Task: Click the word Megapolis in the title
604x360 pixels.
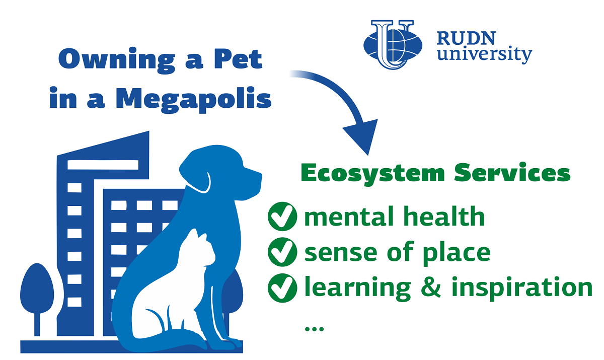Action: [194, 99]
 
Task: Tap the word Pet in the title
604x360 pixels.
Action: [238, 59]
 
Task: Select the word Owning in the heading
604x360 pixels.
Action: [117, 60]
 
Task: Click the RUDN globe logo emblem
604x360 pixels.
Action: [393, 44]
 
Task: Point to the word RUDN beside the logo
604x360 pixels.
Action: [466, 38]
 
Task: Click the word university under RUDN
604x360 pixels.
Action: [485, 55]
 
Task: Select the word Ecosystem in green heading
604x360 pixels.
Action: [372, 173]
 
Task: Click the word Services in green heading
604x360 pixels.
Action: [512, 173]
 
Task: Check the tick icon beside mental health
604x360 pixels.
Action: [282, 217]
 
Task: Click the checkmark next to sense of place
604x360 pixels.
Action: [282, 252]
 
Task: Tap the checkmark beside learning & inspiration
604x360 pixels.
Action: [282, 287]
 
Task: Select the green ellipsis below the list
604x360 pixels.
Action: [314, 328]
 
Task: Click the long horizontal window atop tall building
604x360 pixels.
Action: [103, 165]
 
